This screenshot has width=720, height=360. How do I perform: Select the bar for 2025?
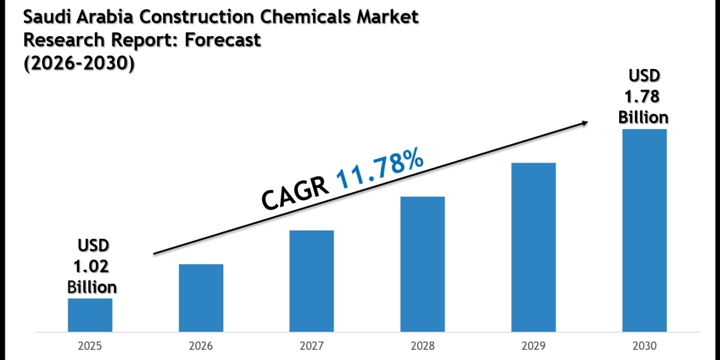click(90, 315)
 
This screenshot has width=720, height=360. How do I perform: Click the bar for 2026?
click(201, 298)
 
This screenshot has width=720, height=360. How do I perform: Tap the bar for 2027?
click(311, 281)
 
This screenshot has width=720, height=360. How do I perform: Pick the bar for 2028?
click(422, 264)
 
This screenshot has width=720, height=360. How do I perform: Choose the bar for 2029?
click(533, 247)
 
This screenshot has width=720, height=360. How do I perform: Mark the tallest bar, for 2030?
click(644, 230)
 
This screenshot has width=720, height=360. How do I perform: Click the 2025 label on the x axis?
click(90, 346)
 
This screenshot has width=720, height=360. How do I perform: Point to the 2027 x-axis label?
click(311, 346)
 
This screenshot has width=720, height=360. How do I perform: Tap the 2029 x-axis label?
click(533, 346)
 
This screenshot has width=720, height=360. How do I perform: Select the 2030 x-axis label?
click(644, 346)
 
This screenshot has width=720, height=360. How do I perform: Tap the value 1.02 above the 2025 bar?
click(92, 266)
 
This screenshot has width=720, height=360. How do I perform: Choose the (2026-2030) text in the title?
click(79, 62)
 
